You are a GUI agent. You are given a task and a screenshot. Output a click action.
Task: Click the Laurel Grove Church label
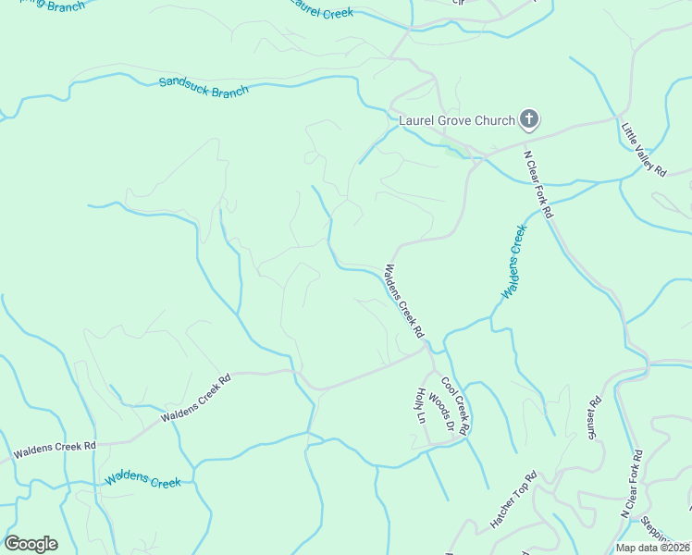pos(456,120)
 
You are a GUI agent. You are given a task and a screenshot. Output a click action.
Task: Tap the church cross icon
pos(529,118)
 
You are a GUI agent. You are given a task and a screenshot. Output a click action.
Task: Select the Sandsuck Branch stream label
pos(204,86)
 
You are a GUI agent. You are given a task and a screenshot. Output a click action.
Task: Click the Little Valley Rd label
pos(644,149)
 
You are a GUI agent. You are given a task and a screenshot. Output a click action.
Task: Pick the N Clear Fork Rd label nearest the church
pos(538,184)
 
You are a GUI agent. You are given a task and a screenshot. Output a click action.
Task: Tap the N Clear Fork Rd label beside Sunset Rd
pos(632,484)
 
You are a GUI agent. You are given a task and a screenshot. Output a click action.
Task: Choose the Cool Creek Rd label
pos(455,406)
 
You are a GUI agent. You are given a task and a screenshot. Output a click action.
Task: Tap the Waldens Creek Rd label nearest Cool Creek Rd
pos(404,302)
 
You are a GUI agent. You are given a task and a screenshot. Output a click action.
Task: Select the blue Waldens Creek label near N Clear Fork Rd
pos(513,261)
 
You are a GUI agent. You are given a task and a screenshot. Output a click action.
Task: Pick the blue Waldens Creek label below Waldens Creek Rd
pos(143,480)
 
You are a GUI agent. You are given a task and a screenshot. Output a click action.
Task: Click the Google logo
pos(31,544)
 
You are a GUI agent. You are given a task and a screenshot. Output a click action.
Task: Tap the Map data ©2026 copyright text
pos(653,548)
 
